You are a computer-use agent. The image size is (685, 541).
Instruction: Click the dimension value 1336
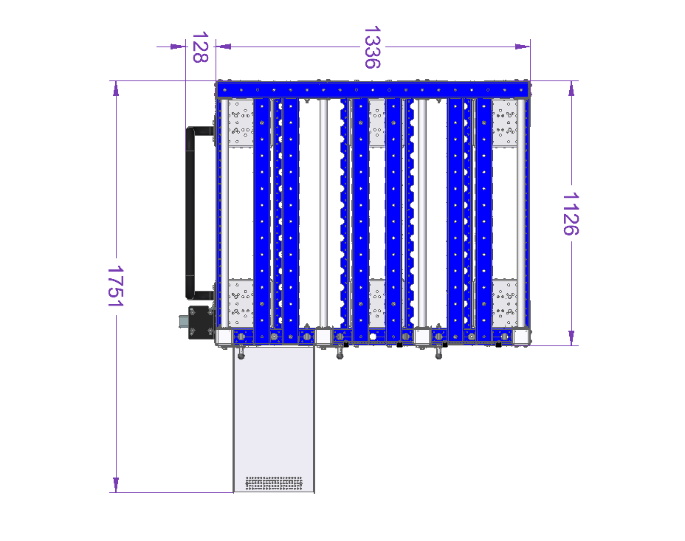pyautogui.click(x=372, y=47)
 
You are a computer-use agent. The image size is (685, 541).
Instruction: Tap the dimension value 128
pyautogui.click(x=200, y=47)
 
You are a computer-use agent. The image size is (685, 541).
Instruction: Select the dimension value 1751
pyautogui.click(x=116, y=286)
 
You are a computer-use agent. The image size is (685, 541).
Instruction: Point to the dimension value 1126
pyautogui.click(x=571, y=214)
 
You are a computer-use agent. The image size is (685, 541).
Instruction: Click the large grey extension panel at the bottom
pyautogui.click(x=274, y=419)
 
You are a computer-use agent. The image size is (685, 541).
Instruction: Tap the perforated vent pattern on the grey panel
pyautogui.click(x=274, y=483)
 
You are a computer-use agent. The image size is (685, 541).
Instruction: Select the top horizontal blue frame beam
pyautogui.click(x=373, y=89)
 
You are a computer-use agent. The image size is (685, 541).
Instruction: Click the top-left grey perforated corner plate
pyautogui.click(x=241, y=123)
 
